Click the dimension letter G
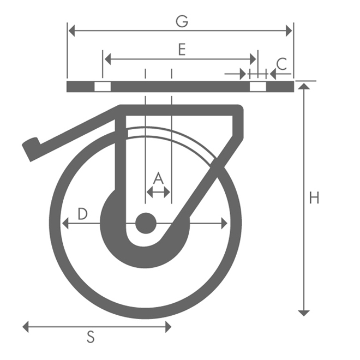pos(182,21)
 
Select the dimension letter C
pos(281,64)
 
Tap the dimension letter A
pos(158,178)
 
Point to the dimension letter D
pos(82,214)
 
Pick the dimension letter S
pos(91,338)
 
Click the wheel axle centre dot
pos(146,223)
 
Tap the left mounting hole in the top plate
pos(102,87)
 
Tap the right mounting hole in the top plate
pos(257,87)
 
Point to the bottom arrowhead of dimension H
pos(304,313)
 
